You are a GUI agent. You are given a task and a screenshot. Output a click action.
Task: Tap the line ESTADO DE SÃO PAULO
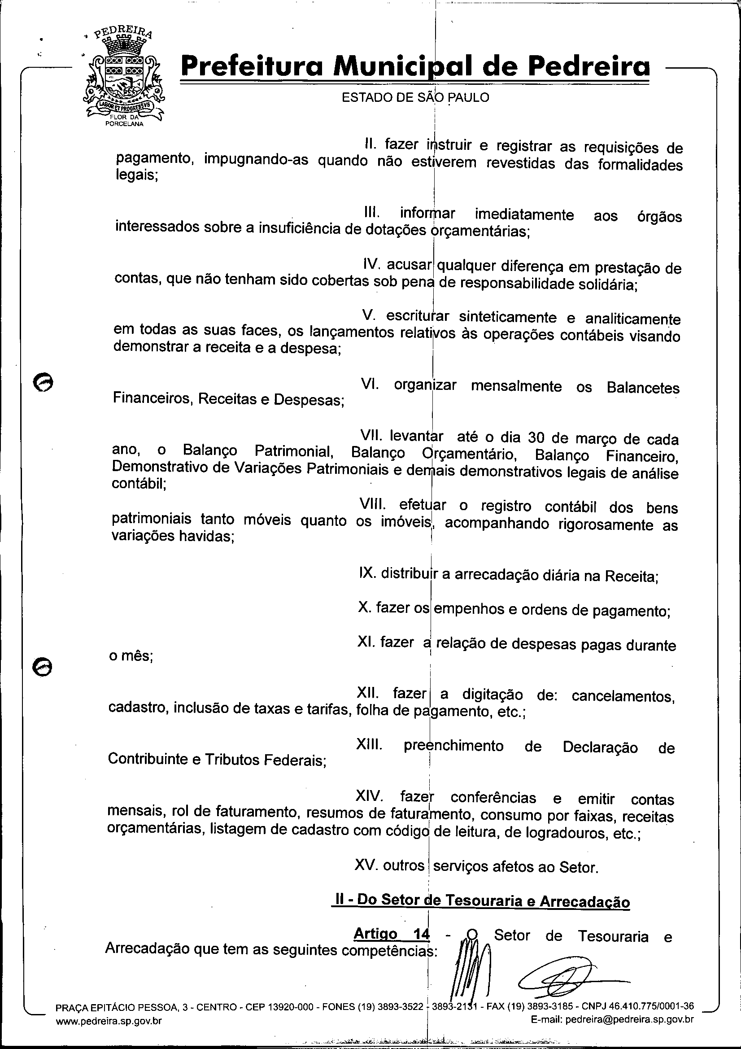coord(415,97)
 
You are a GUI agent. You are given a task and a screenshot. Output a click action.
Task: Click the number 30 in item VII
coord(537,438)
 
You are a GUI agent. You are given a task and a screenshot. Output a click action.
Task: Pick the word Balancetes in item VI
coord(643,388)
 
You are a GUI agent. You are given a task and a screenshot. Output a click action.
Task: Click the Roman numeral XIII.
coord(369,745)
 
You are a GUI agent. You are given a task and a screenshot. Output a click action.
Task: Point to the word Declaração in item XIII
coord(600,747)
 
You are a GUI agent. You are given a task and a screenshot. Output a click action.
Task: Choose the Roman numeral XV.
coord(366,865)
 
